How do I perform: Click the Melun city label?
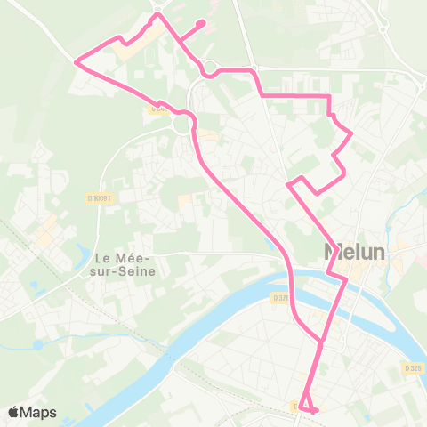[355, 253]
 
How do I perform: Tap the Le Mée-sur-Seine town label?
[124, 264]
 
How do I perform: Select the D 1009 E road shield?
[101, 198]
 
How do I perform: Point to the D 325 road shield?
[412, 367]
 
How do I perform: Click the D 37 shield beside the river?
[281, 298]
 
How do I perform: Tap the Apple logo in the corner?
[13, 412]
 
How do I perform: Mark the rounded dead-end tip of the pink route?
[203, 23]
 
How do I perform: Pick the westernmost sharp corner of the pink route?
[77, 61]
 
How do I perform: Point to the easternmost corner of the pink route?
[352, 134]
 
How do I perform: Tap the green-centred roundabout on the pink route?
[185, 125]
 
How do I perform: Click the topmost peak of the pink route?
[158, 14]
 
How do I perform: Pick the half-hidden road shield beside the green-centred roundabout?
[157, 110]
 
